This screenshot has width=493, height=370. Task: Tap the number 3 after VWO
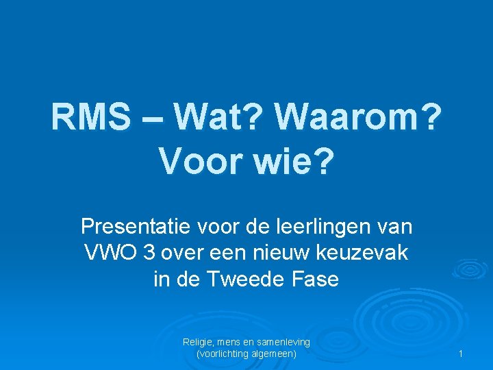(x=149, y=253)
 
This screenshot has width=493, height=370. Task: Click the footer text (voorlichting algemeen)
(x=246, y=354)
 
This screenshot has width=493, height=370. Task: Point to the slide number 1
(x=462, y=354)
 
